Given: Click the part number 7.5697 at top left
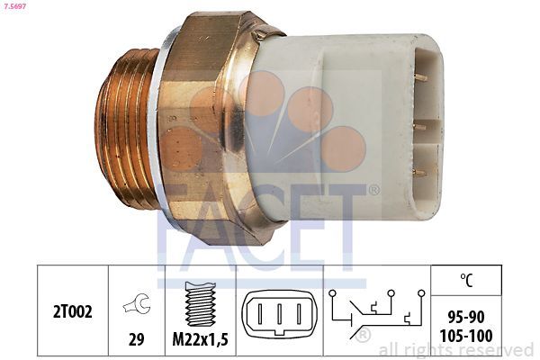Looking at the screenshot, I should (15, 7).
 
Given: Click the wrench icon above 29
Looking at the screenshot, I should (137, 305).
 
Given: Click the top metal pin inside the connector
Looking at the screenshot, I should (419, 79).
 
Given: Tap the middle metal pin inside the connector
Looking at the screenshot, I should (419, 126).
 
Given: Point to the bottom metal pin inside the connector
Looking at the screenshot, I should (419, 171).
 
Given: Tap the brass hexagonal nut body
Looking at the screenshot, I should (202, 126).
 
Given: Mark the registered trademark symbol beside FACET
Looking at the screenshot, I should (373, 190).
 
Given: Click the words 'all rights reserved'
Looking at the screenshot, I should (456, 350).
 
